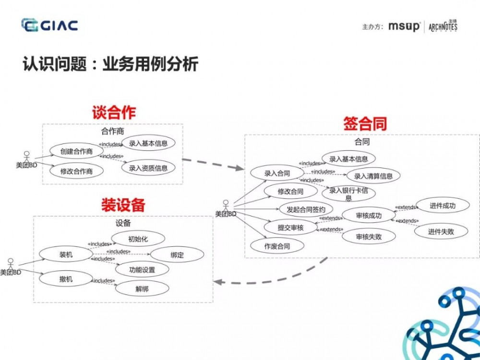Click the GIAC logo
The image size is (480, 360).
pyautogui.click(x=49, y=25)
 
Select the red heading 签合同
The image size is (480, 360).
pyautogui.click(x=365, y=124)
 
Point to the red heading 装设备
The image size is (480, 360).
pyautogui.click(x=123, y=205)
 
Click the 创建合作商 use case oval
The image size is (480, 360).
pyautogui.click(x=76, y=152)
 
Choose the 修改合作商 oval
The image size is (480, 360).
pyautogui.click(x=76, y=171)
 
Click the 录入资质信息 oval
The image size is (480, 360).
pyautogui.click(x=148, y=168)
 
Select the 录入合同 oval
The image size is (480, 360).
pyautogui.click(x=277, y=174)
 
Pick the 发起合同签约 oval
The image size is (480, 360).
pyautogui.click(x=306, y=210)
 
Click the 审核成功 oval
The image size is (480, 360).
pyautogui.click(x=369, y=216)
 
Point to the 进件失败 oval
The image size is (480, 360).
pyautogui.click(x=441, y=231)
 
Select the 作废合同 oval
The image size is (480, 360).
pyautogui.click(x=277, y=246)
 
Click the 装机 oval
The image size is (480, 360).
pyautogui.click(x=66, y=255)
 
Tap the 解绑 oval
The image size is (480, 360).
pyautogui.click(x=142, y=289)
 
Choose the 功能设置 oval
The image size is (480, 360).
pyautogui.click(x=142, y=270)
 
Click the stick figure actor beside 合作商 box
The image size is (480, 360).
pyautogui.click(x=27, y=157)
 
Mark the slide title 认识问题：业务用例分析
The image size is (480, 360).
pyautogui.click(x=110, y=64)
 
